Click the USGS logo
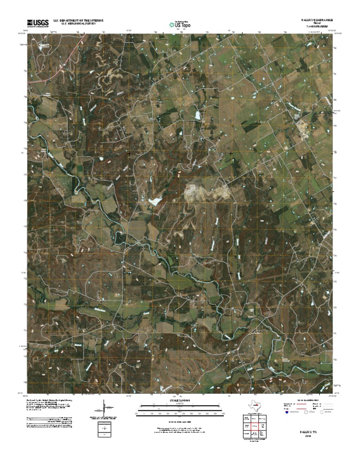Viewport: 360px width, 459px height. (37, 23)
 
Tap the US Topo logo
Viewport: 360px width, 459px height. (180, 24)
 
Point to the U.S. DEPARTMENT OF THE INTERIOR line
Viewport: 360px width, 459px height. (78, 21)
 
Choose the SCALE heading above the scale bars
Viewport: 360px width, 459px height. (180, 401)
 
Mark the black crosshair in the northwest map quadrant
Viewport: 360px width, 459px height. (129, 153)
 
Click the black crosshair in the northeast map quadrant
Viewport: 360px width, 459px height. (231, 153)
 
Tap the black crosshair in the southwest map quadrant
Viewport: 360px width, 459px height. (129, 272)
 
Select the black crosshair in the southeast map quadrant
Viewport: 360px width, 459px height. (231, 272)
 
